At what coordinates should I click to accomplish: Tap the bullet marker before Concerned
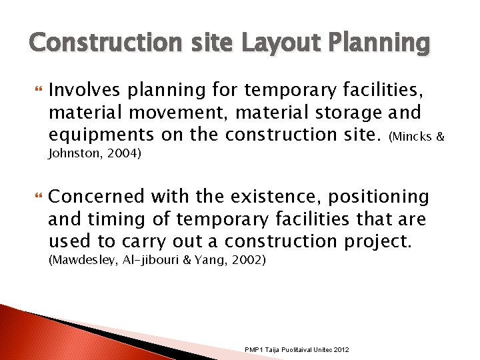[37, 197]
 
